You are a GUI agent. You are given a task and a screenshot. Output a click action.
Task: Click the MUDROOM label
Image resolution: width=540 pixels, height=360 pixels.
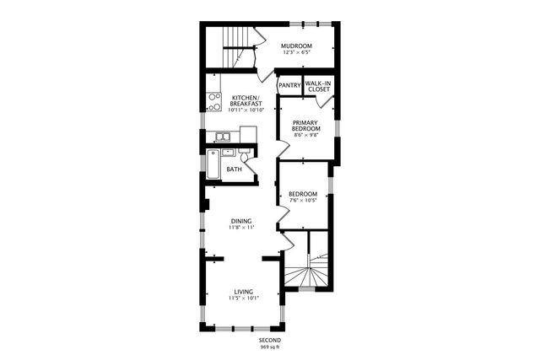tap(296, 46)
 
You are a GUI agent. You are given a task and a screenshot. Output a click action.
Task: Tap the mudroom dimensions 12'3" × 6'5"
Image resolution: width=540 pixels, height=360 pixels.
tap(296, 53)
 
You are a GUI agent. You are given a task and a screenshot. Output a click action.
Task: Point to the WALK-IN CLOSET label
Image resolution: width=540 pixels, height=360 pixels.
tap(318, 86)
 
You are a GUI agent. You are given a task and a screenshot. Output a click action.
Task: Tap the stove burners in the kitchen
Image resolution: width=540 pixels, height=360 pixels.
tap(214, 102)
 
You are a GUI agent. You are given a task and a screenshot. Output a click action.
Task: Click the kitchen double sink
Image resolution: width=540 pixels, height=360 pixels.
tap(223, 136)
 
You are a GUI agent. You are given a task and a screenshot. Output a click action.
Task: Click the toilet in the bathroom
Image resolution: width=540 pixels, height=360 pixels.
tap(244, 158)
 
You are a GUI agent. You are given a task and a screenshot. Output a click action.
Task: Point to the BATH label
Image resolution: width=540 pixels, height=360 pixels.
tap(234, 169)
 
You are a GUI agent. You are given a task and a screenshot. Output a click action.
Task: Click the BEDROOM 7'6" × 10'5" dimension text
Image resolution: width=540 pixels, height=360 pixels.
tap(302, 201)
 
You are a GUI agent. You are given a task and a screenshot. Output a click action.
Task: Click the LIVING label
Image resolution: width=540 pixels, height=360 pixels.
tap(243, 291)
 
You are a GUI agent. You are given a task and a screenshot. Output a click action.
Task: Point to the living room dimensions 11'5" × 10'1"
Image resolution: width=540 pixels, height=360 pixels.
tap(243, 298)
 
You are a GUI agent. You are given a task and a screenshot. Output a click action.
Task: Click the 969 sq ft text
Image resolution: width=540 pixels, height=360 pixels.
tap(270, 347)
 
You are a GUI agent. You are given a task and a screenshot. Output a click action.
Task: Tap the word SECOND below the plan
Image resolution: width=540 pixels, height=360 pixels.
tap(270, 339)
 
